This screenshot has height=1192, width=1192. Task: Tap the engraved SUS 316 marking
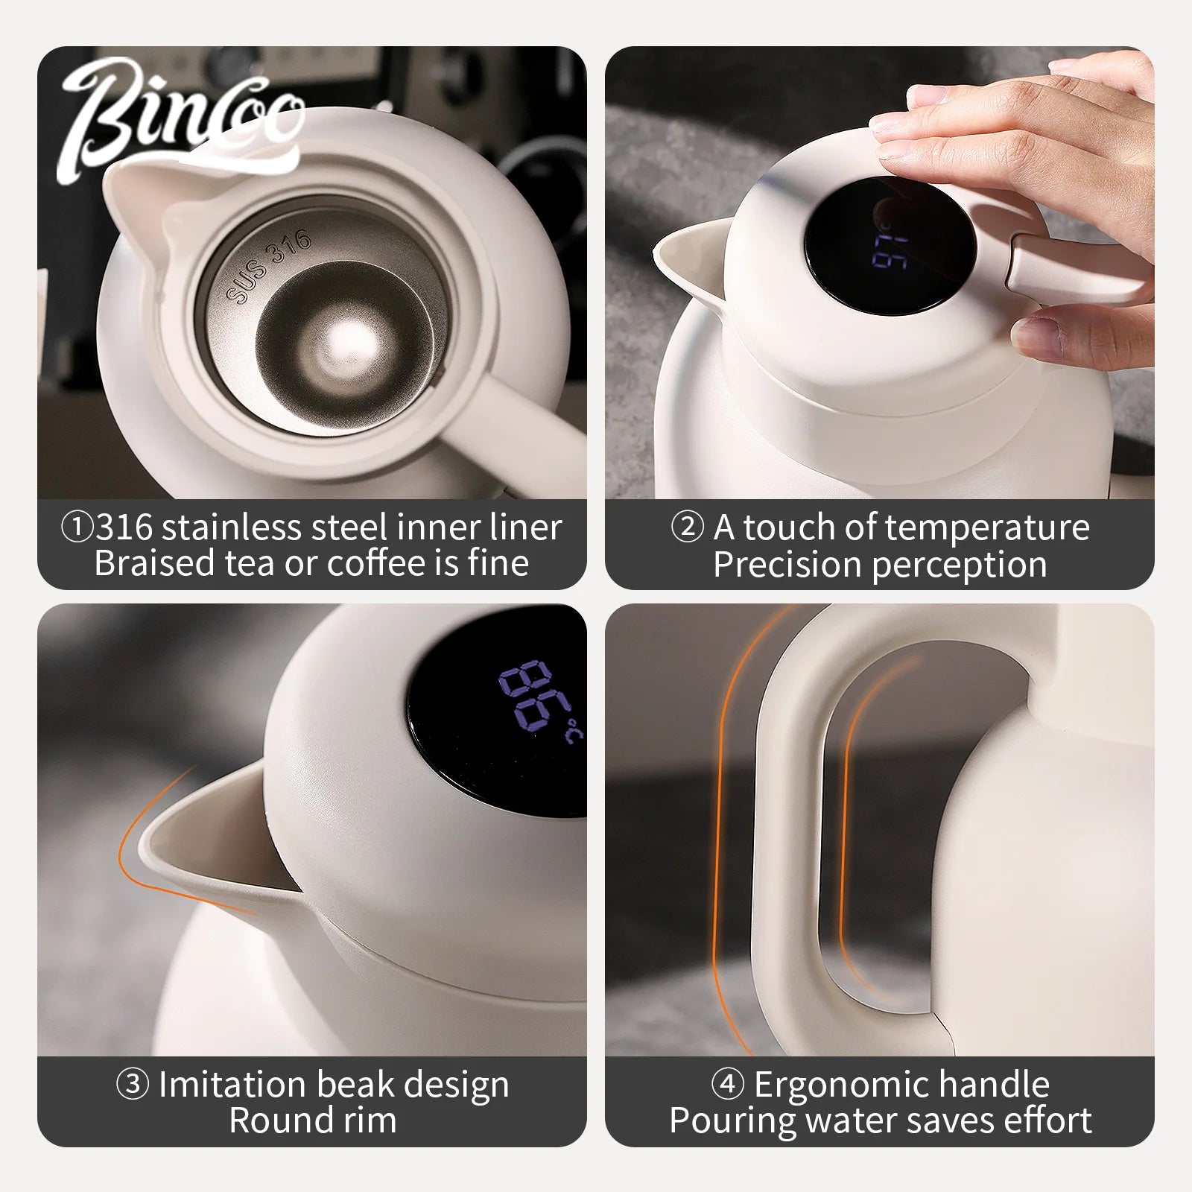(x=268, y=266)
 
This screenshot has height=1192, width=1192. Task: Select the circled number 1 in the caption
(x=77, y=527)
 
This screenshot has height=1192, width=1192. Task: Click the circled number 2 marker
(x=687, y=527)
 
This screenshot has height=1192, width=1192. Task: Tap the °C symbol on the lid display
(x=573, y=731)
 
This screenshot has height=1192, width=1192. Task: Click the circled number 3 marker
(x=133, y=1085)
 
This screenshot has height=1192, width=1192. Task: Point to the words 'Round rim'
(x=313, y=1120)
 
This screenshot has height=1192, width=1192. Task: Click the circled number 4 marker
(x=728, y=1085)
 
